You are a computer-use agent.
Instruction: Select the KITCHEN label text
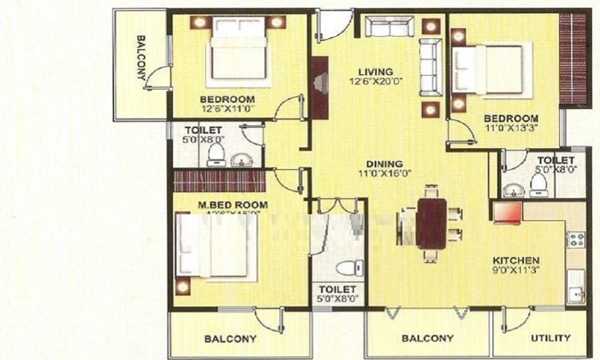[515, 260]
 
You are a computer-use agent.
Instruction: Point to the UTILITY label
[550, 338]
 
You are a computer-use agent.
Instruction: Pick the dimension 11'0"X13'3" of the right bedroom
[511, 128]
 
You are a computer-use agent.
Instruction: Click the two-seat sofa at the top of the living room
[390, 26]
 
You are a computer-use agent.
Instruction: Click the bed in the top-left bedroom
[238, 48]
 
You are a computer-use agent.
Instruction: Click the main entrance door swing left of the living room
[330, 27]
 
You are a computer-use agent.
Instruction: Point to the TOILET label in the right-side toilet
[555, 160]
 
